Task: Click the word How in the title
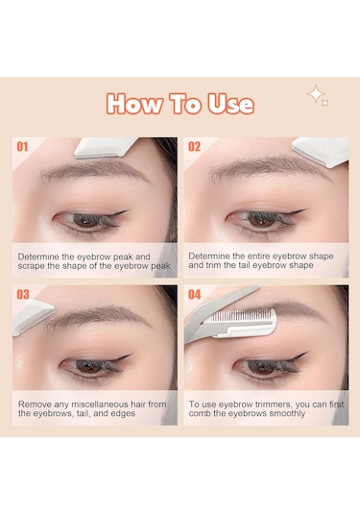[x=134, y=104]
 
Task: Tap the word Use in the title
[x=230, y=104]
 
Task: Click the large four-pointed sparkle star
[x=316, y=94]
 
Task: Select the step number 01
[x=22, y=147]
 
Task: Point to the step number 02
[x=194, y=147]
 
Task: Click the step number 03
[x=23, y=294]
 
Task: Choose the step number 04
[x=194, y=294]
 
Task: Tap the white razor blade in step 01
[x=106, y=148]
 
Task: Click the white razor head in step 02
[x=321, y=151]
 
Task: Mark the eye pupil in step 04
[x=261, y=366]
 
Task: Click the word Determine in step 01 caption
[x=38, y=257]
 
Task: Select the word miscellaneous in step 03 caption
[x=99, y=404]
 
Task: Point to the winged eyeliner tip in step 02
[x=304, y=210]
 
